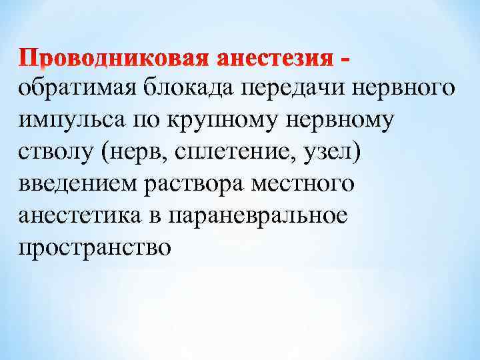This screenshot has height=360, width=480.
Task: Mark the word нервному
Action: click(339, 122)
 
